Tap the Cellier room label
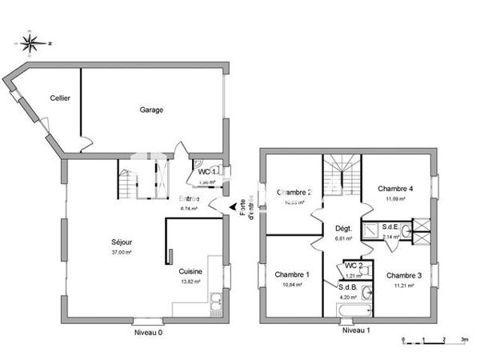(x=60, y=98)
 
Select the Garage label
(x=151, y=110)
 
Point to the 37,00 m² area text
(x=122, y=252)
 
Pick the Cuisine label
(x=190, y=272)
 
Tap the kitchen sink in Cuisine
(x=216, y=302)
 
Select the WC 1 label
(x=207, y=171)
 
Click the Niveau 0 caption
(x=149, y=330)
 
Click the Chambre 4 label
(x=394, y=189)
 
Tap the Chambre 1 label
(x=291, y=275)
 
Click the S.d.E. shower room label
(x=391, y=227)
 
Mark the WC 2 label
(x=354, y=266)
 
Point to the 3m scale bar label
(x=463, y=340)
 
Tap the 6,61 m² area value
(x=345, y=238)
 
